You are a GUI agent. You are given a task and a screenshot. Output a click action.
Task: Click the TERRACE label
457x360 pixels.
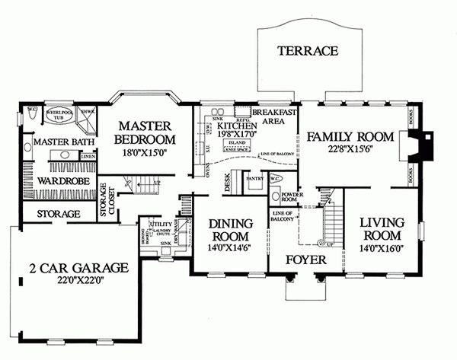tap(307, 51)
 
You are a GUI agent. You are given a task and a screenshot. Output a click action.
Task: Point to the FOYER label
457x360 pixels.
tap(305, 260)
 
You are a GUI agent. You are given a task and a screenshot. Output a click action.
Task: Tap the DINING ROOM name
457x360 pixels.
tap(230, 230)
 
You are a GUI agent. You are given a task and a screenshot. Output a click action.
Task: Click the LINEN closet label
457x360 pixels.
tap(87, 156)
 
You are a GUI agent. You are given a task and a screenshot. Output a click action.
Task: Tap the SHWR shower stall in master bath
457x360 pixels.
tap(87, 113)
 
